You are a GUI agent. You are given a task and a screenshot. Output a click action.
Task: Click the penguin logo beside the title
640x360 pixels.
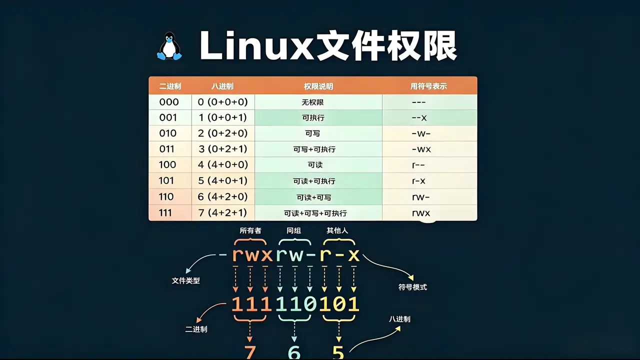(x=169, y=46)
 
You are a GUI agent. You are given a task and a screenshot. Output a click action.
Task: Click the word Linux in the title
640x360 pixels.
(x=256, y=45)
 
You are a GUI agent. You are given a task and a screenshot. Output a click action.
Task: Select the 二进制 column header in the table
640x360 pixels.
(x=170, y=86)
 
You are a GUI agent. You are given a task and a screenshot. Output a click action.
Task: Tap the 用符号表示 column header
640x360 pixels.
(x=428, y=86)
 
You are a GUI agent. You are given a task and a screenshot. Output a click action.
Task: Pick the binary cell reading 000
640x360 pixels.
(x=169, y=102)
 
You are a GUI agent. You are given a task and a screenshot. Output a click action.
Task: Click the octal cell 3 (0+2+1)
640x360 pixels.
(x=222, y=149)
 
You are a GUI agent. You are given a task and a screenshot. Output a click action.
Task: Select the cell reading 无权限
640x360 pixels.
(x=312, y=102)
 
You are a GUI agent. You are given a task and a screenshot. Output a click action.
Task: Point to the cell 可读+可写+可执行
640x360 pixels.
(x=315, y=213)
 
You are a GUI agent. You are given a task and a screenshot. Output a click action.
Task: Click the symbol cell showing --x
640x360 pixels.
(x=419, y=117)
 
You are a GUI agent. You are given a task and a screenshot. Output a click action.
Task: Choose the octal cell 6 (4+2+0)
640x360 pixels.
(x=222, y=196)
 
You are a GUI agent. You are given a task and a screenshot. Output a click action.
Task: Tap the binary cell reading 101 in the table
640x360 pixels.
(x=166, y=180)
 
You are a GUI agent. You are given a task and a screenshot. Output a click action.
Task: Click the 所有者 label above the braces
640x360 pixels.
(x=250, y=230)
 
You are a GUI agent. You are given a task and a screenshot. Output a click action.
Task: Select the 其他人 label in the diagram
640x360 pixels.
(x=337, y=230)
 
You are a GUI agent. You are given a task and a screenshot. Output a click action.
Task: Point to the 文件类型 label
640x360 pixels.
(x=185, y=280)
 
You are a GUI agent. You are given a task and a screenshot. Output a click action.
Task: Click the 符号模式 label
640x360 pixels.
(x=412, y=287)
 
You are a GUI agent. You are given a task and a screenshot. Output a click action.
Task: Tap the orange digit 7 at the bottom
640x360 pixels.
(x=250, y=352)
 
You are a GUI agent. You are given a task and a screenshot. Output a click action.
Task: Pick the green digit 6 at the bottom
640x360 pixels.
(x=294, y=352)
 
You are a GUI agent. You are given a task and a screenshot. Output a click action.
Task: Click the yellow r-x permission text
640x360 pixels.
(x=339, y=255)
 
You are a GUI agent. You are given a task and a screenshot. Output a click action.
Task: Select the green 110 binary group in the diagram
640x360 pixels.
(x=296, y=303)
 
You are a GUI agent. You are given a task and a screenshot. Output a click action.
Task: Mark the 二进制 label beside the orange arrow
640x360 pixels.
(x=196, y=329)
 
